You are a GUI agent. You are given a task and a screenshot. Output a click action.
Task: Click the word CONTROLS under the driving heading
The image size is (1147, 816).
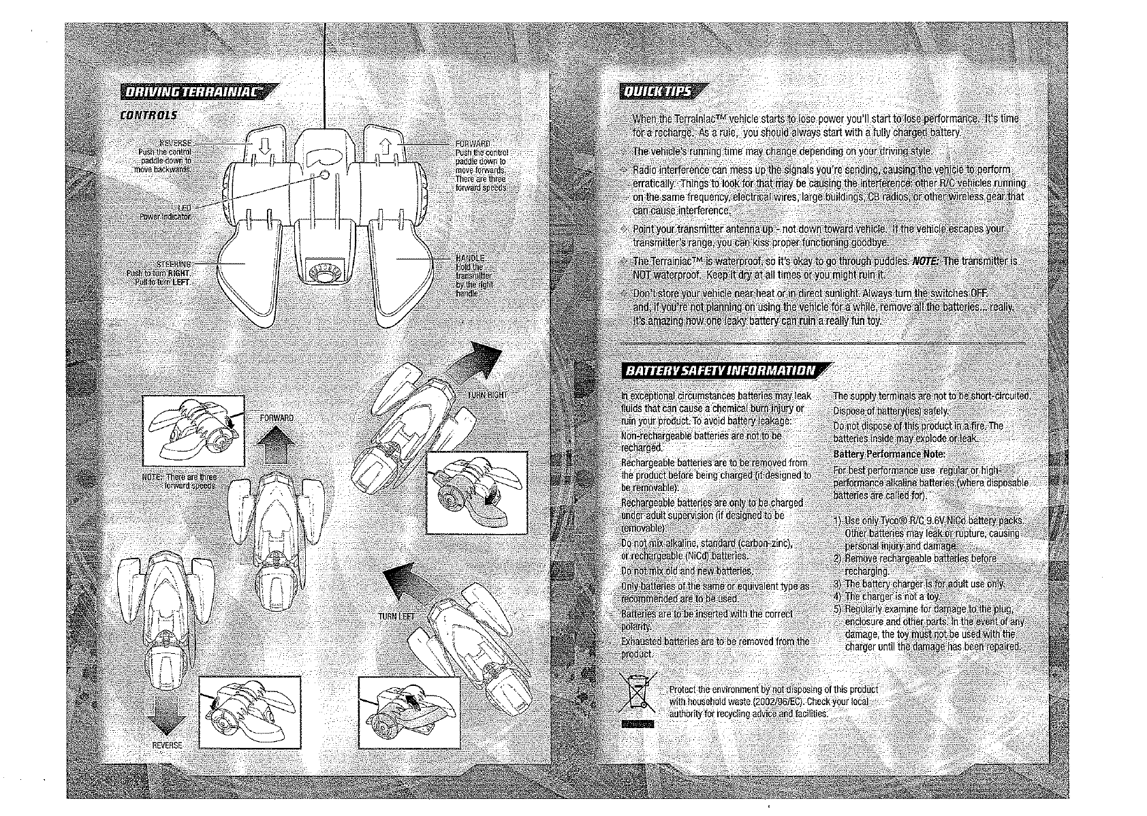[x=148, y=115]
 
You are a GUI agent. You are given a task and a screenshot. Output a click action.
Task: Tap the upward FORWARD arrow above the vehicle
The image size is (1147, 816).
[x=275, y=447]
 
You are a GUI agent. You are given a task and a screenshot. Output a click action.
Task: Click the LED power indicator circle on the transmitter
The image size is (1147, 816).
[x=326, y=176]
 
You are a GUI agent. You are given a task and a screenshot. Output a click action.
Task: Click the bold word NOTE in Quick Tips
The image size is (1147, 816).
[x=925, y=261]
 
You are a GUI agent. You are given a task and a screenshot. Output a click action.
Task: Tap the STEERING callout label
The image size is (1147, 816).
[x=174, y=264]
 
